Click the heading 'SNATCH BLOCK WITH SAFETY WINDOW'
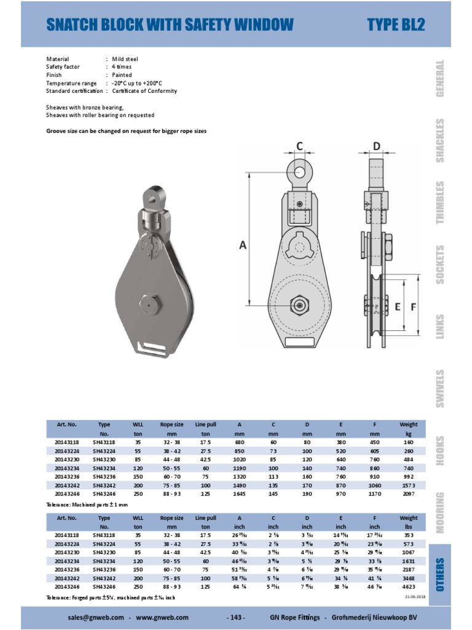pos(170,25)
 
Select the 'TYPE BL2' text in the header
pos(396,25)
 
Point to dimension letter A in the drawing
pos(243,245)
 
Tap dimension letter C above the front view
pos(300,146)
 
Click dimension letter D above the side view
pos(377,146)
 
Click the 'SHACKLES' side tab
pos(440,140)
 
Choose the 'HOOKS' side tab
pos(440,451)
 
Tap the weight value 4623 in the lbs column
pos(408,589)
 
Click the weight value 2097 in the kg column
pos(408,493)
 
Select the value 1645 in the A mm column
pos(239,493)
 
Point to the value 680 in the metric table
pos(239,442)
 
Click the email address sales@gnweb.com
pos(95,617)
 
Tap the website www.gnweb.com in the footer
pos(162,617)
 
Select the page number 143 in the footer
pos(236,617)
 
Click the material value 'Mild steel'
pos(126,59)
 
